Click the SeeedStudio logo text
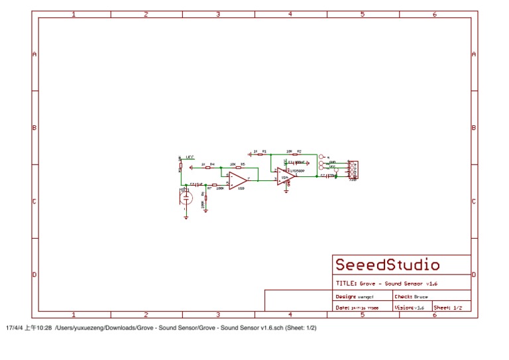click(x=387, y=265)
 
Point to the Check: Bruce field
click(x=411, y=296)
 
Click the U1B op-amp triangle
click(x=237, y=180)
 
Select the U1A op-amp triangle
click(x=286, y=176)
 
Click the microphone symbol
click(x=186, y=197)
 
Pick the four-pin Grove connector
click(x=353, y=170)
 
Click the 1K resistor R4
click(x=207, y=168)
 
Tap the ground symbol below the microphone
click(x=186, y=216)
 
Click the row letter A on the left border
click(x=34, y=54)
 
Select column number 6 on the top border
click(x=435, y=14)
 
